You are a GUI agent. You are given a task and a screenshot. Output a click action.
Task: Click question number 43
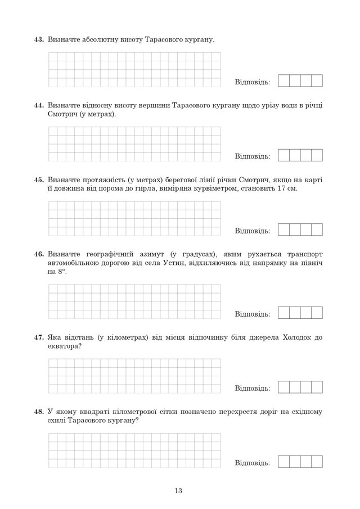(39, 40)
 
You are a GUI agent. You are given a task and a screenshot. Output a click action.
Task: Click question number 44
(39, 105)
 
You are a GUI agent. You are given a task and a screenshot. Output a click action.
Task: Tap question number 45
(39, 179)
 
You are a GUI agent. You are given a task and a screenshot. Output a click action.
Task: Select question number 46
(39, 254)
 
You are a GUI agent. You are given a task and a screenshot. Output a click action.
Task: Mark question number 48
(39, 412)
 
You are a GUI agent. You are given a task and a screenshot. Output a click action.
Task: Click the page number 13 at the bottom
(179, 490)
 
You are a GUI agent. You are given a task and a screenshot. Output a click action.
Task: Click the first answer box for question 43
(284, 81)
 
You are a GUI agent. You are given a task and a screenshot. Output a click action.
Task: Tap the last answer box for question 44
(317, 155)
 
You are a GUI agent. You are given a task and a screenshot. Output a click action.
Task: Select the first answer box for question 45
(284, 230)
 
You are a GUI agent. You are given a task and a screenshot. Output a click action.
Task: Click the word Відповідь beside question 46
(253, 314)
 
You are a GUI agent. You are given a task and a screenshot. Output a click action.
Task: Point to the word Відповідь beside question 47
(253, 389)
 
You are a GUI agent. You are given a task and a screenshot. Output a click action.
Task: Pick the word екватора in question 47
(64, 346)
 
